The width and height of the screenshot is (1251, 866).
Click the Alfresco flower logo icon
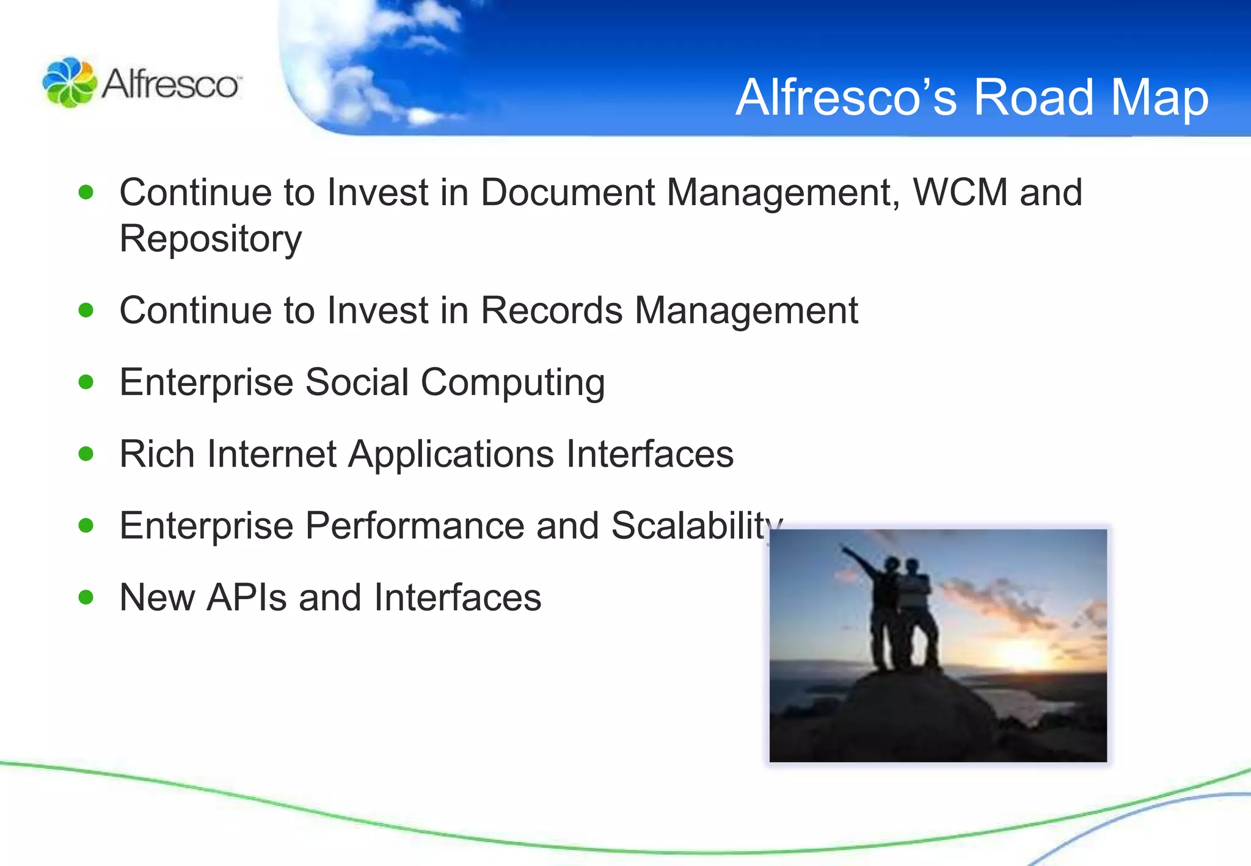point(69,82)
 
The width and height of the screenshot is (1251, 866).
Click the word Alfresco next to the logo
point(171,84)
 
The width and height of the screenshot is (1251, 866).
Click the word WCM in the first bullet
point(960,192)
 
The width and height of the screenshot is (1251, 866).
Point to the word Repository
point(210,239)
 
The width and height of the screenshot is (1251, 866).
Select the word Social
point(357,382)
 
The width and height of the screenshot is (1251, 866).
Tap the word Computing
point(512,384)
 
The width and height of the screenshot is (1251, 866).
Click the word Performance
point(415,526)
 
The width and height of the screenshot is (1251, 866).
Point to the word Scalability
point(696,526)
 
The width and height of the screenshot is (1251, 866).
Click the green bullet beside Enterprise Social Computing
point(86,382)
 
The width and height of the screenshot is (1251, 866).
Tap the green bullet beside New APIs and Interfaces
point(86,597)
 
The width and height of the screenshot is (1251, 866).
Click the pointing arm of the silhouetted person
point(861,559)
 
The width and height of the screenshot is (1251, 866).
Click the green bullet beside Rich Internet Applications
point(86,454)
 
